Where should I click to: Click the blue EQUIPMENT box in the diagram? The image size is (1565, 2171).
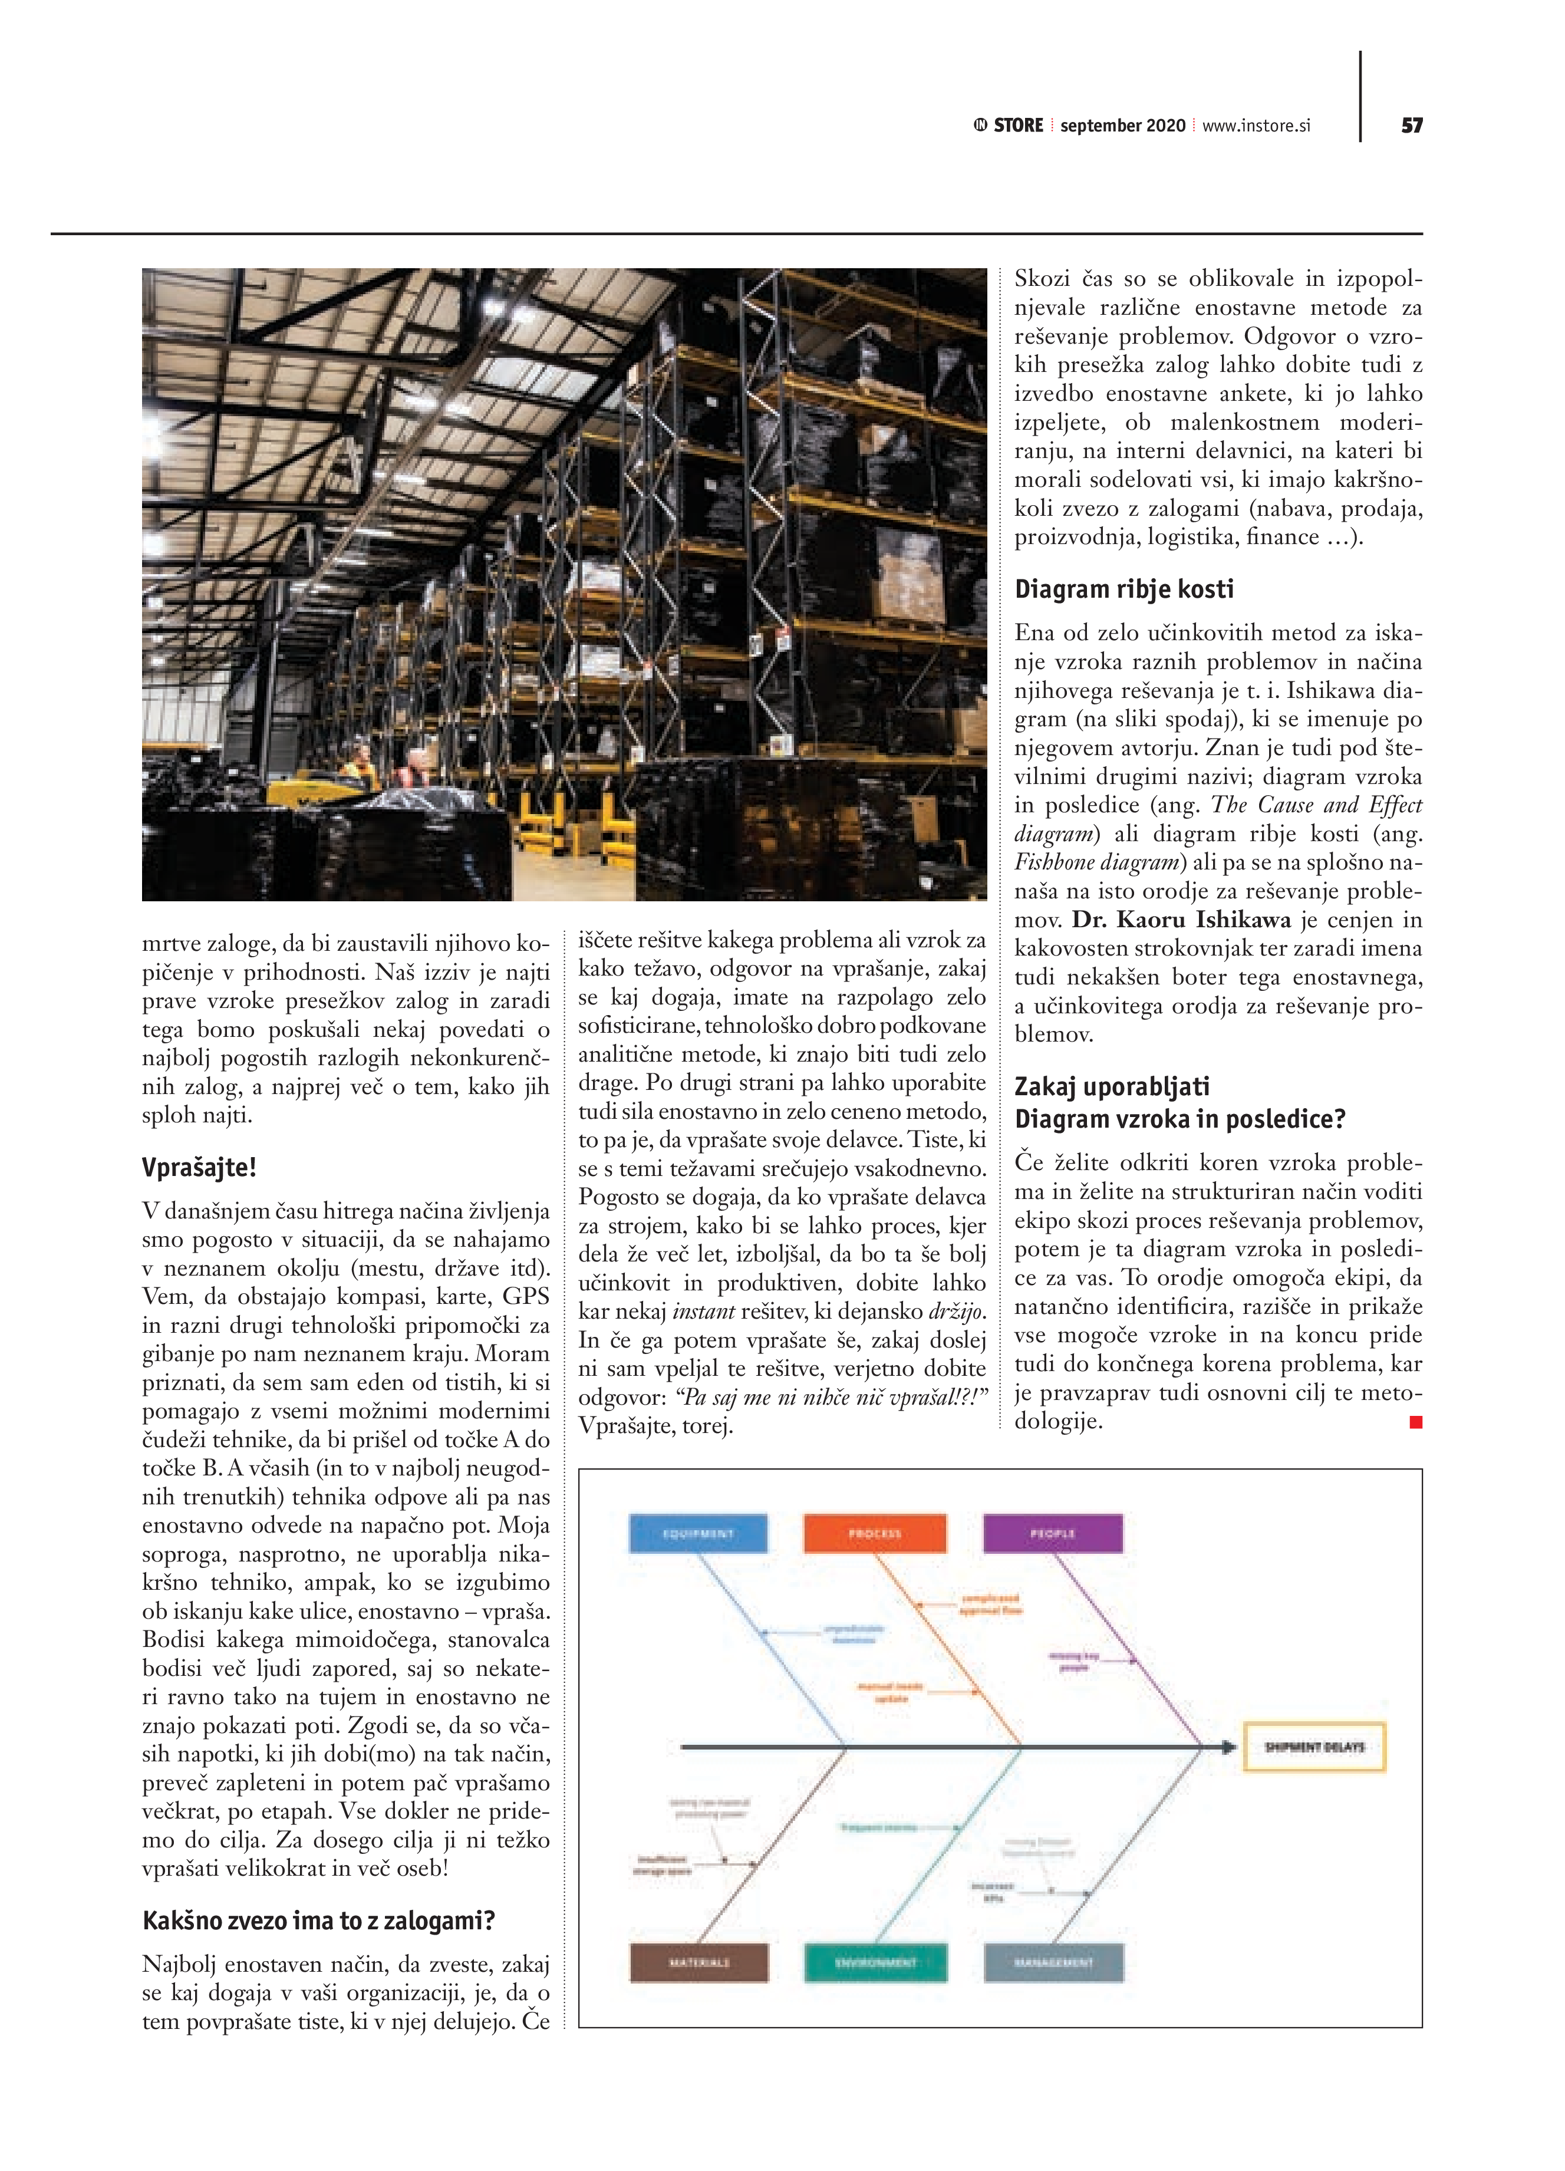698,1533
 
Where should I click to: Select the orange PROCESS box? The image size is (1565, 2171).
875,1533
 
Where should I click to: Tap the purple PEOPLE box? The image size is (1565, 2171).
1053,1533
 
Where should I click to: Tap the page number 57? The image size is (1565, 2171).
1412,126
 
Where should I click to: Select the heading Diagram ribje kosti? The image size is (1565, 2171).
1123,589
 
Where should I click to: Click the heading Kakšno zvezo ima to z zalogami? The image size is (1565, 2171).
318,1921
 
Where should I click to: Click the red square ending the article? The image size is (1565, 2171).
1416,1422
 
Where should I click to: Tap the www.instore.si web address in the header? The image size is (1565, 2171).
1256,126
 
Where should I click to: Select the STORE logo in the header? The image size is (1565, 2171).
1009,126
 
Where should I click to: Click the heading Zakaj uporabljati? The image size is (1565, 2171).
1111,1086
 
